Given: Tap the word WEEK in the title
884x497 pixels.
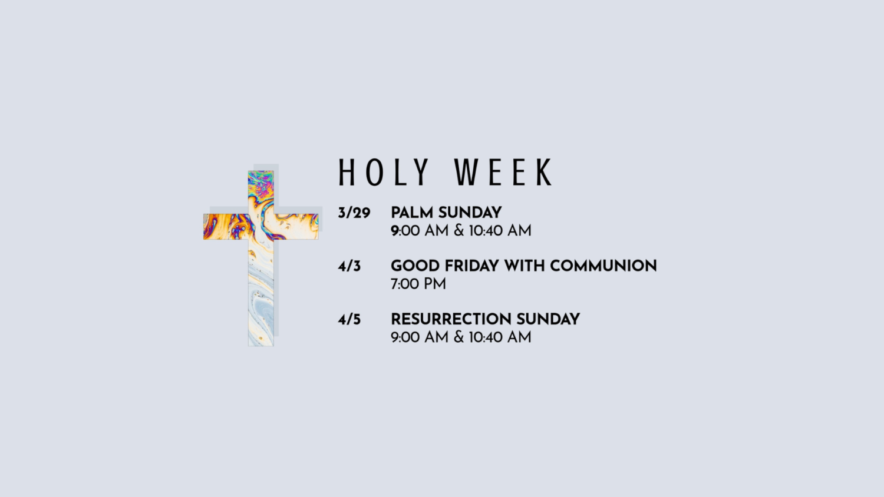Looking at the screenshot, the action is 503,172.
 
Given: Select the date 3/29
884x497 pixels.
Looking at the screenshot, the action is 354,213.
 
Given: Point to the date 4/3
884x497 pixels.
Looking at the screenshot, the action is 349,266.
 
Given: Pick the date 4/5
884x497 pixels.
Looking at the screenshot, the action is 349,320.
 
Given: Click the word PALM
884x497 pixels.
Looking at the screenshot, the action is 412,213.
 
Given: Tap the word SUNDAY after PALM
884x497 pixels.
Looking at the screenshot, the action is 470,213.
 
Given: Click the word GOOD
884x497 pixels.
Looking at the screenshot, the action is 415,266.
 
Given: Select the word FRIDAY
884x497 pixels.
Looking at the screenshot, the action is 472,266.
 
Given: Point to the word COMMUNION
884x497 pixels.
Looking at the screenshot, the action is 603,266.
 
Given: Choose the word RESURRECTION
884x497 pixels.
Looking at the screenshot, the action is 451,319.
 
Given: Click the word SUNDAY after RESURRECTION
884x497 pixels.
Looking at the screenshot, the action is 548,319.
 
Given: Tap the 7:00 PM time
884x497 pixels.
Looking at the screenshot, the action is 418,284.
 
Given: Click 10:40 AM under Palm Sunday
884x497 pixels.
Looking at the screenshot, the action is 500,231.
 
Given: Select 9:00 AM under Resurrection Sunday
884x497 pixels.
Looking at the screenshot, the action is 420,337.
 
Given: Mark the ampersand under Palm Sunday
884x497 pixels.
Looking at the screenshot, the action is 459,231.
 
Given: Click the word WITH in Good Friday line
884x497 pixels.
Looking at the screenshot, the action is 525,266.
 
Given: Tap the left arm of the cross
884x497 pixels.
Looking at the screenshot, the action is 226,227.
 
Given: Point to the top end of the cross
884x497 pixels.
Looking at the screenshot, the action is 261,171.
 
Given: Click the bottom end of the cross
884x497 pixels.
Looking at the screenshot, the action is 261,346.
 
